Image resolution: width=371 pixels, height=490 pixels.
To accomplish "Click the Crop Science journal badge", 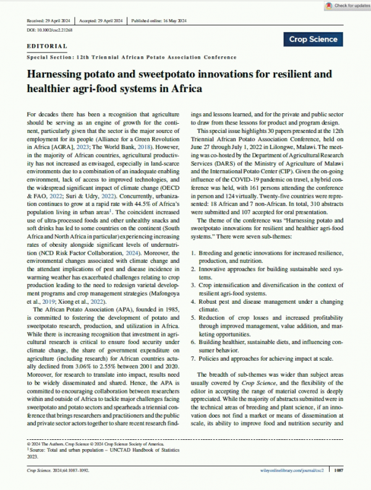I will click(314, 40).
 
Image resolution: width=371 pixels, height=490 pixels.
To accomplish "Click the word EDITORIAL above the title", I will click(48, 46).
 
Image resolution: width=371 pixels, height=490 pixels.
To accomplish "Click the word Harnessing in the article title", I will click(61, 75).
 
